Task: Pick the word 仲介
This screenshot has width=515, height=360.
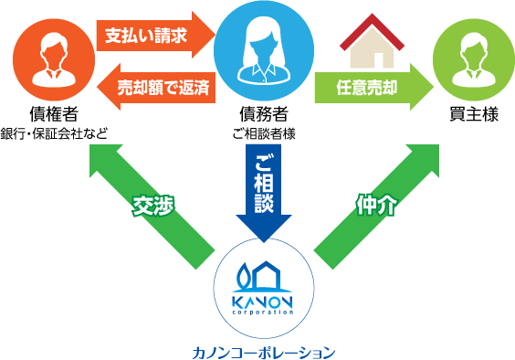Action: (x=375, y=206)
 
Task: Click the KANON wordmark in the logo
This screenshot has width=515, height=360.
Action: (x=263, y=301)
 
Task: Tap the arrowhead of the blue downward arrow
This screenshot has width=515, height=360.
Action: (x=263, y=228)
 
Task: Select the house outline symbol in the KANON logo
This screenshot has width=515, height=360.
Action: (x=272, y=275)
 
